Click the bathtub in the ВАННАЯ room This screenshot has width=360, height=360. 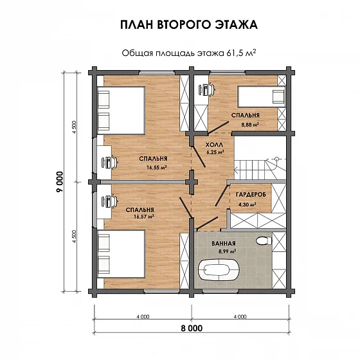pyautogui.click(x=219, y=270)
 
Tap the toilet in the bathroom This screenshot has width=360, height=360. pyautogui.click(x=264, y=241)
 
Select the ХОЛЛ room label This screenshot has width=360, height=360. pyautogui.click(x=214, y=145)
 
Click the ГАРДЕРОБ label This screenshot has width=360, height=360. pyautogui.click(x=251, y=194)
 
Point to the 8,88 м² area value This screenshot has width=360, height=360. pyautogui.click(x=250, y=125)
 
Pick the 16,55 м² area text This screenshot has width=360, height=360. pyautogui.click(x=157, y=167)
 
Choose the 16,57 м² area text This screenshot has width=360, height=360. pyautogui.click(x=144, y=216)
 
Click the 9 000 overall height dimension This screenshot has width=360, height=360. pyautogui.click(x=60, y=182)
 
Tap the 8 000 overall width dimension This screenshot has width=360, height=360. pyautogui.click(x=192, y=328)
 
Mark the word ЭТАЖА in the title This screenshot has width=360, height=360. pyautogui.click(x=236, y=25)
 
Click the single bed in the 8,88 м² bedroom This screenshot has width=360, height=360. pyautogui.click(x=261, y=96)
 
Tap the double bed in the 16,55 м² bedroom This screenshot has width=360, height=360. pyautogui.click(x=121, y=111)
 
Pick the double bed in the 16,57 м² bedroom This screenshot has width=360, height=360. pyautogui.click(x=121, y=254)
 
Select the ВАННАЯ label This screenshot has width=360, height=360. pyautogui.click(x=224, y=244)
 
